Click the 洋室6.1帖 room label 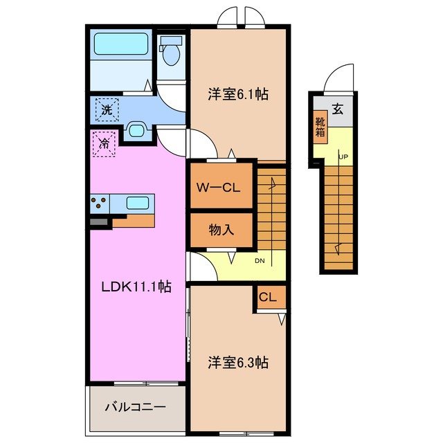point(238,96)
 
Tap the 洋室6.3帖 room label point(238,362)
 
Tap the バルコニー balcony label point(135,406)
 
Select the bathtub point(121,45)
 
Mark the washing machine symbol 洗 point(107,109)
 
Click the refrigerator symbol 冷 point(104,145)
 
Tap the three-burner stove point(99,203)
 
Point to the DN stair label point(260,261)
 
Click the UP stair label point(343,156)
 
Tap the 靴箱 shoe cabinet point(320,127)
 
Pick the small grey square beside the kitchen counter point(99,222)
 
